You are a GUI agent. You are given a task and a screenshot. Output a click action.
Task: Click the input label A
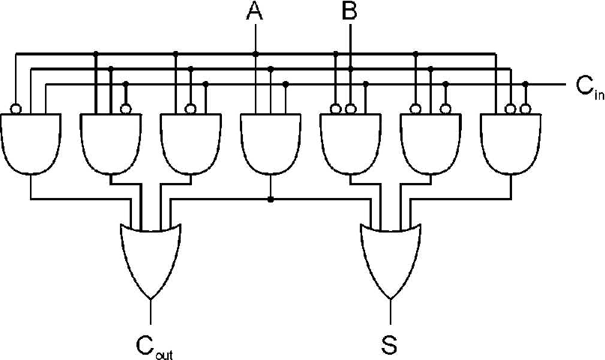pyautogui.click(x=255, y=11)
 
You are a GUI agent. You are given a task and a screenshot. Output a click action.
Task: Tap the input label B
pyautogui.click(x=349, y=11)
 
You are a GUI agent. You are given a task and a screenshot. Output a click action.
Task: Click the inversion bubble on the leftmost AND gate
pyautogui.click(x=16, y=109)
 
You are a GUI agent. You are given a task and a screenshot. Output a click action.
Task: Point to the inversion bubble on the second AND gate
pyautogui.click(x=126, y=109)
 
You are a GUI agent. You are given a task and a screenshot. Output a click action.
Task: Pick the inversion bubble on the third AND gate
pyautogui.click(x=190, y=109)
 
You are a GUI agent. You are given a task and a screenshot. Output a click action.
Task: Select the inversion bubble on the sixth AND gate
pyautogui.click(x=446, y=109)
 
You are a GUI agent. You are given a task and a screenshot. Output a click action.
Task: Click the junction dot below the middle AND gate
pyautogui.click(x=270, y=199)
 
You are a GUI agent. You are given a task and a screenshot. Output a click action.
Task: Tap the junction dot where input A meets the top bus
pyautogui.click(x=255, y=54)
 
